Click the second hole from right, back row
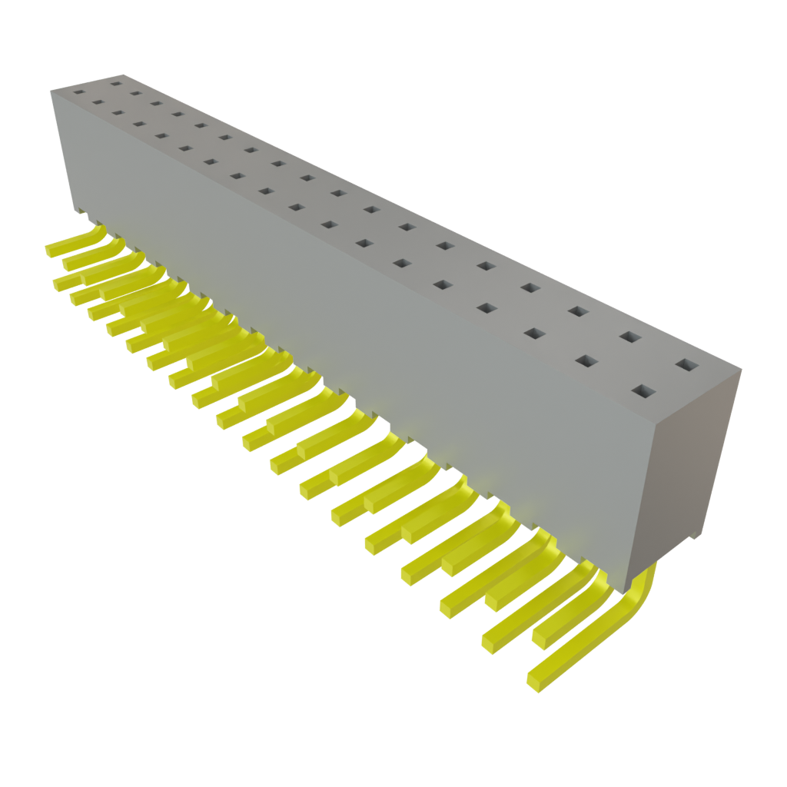[630, 337]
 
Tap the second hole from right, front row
[586, 361]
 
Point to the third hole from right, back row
[578, 311]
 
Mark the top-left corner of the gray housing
[51, 91]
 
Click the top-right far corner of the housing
[742, 370]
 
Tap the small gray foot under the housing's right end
[696, 535]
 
